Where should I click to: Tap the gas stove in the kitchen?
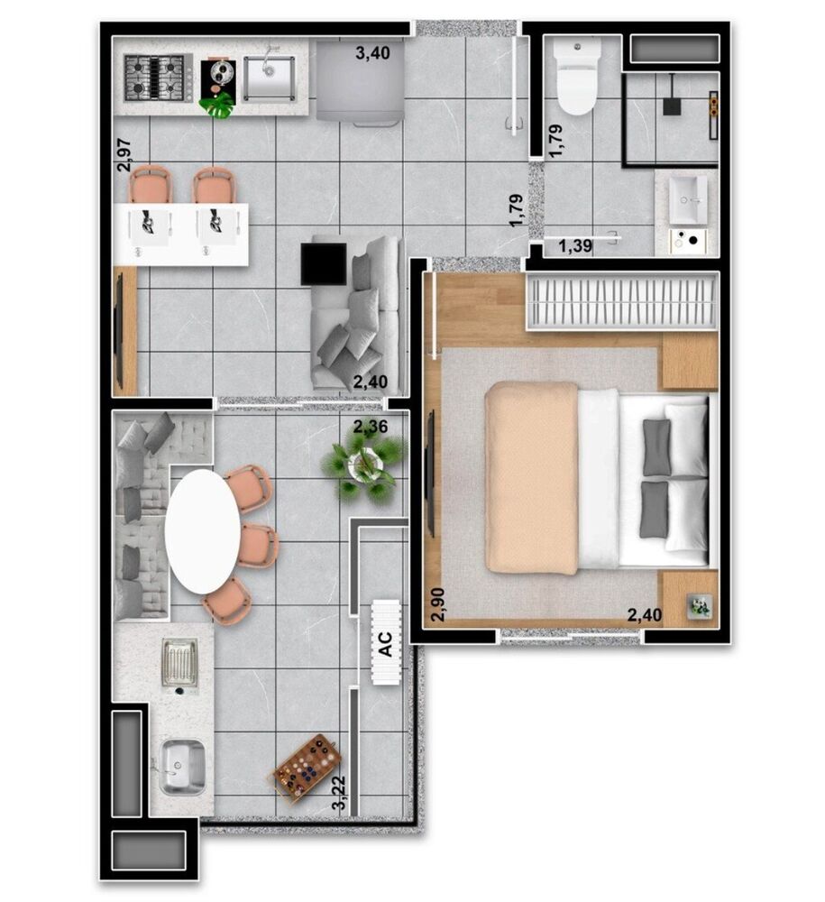pos(159,77)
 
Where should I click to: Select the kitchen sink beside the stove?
pos(268,78)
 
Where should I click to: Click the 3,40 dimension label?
pos(372,53)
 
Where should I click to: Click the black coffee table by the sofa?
pos(324,264)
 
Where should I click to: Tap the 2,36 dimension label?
pos(371,427)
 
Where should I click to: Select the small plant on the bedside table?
pos(700,607)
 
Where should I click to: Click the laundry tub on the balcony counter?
pos(182,765)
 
